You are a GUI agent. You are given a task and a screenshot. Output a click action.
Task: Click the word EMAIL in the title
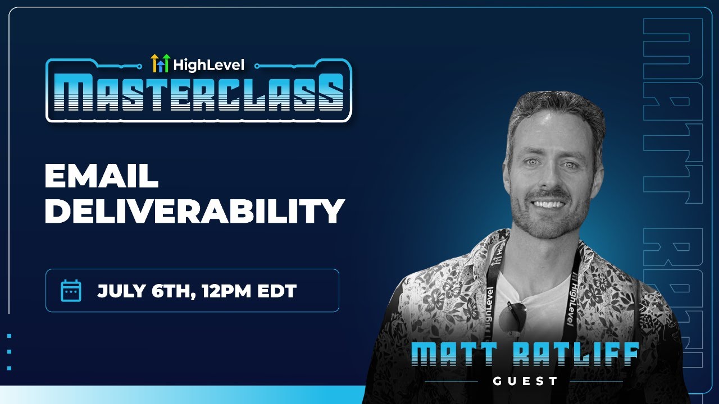pyautogui.click(x=101, y=177)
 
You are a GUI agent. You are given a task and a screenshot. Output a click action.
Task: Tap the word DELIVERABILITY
pyautogui.click(x=194, y=212)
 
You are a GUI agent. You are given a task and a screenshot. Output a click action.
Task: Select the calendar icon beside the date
pyautogui.click(x=71, y=291)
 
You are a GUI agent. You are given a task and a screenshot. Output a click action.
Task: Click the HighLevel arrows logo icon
pyautogui.click(x=160, y=63)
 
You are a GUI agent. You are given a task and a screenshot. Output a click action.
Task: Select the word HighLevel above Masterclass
pyautogui.click(x=209, y=65)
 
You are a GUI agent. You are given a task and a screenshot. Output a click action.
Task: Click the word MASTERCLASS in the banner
pyautogui.click(x=199, y=94)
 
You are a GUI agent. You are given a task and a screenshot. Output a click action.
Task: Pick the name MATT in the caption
pyautogui.click(x=450, y=355)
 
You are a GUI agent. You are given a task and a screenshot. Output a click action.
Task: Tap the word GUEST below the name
pyautogui.click(x=525, y=382)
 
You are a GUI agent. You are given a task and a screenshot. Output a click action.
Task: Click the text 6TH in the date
pyautogui.click(x=167, y=291)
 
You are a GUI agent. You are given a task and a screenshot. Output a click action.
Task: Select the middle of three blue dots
pyautogui.click(x=10, y=352)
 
